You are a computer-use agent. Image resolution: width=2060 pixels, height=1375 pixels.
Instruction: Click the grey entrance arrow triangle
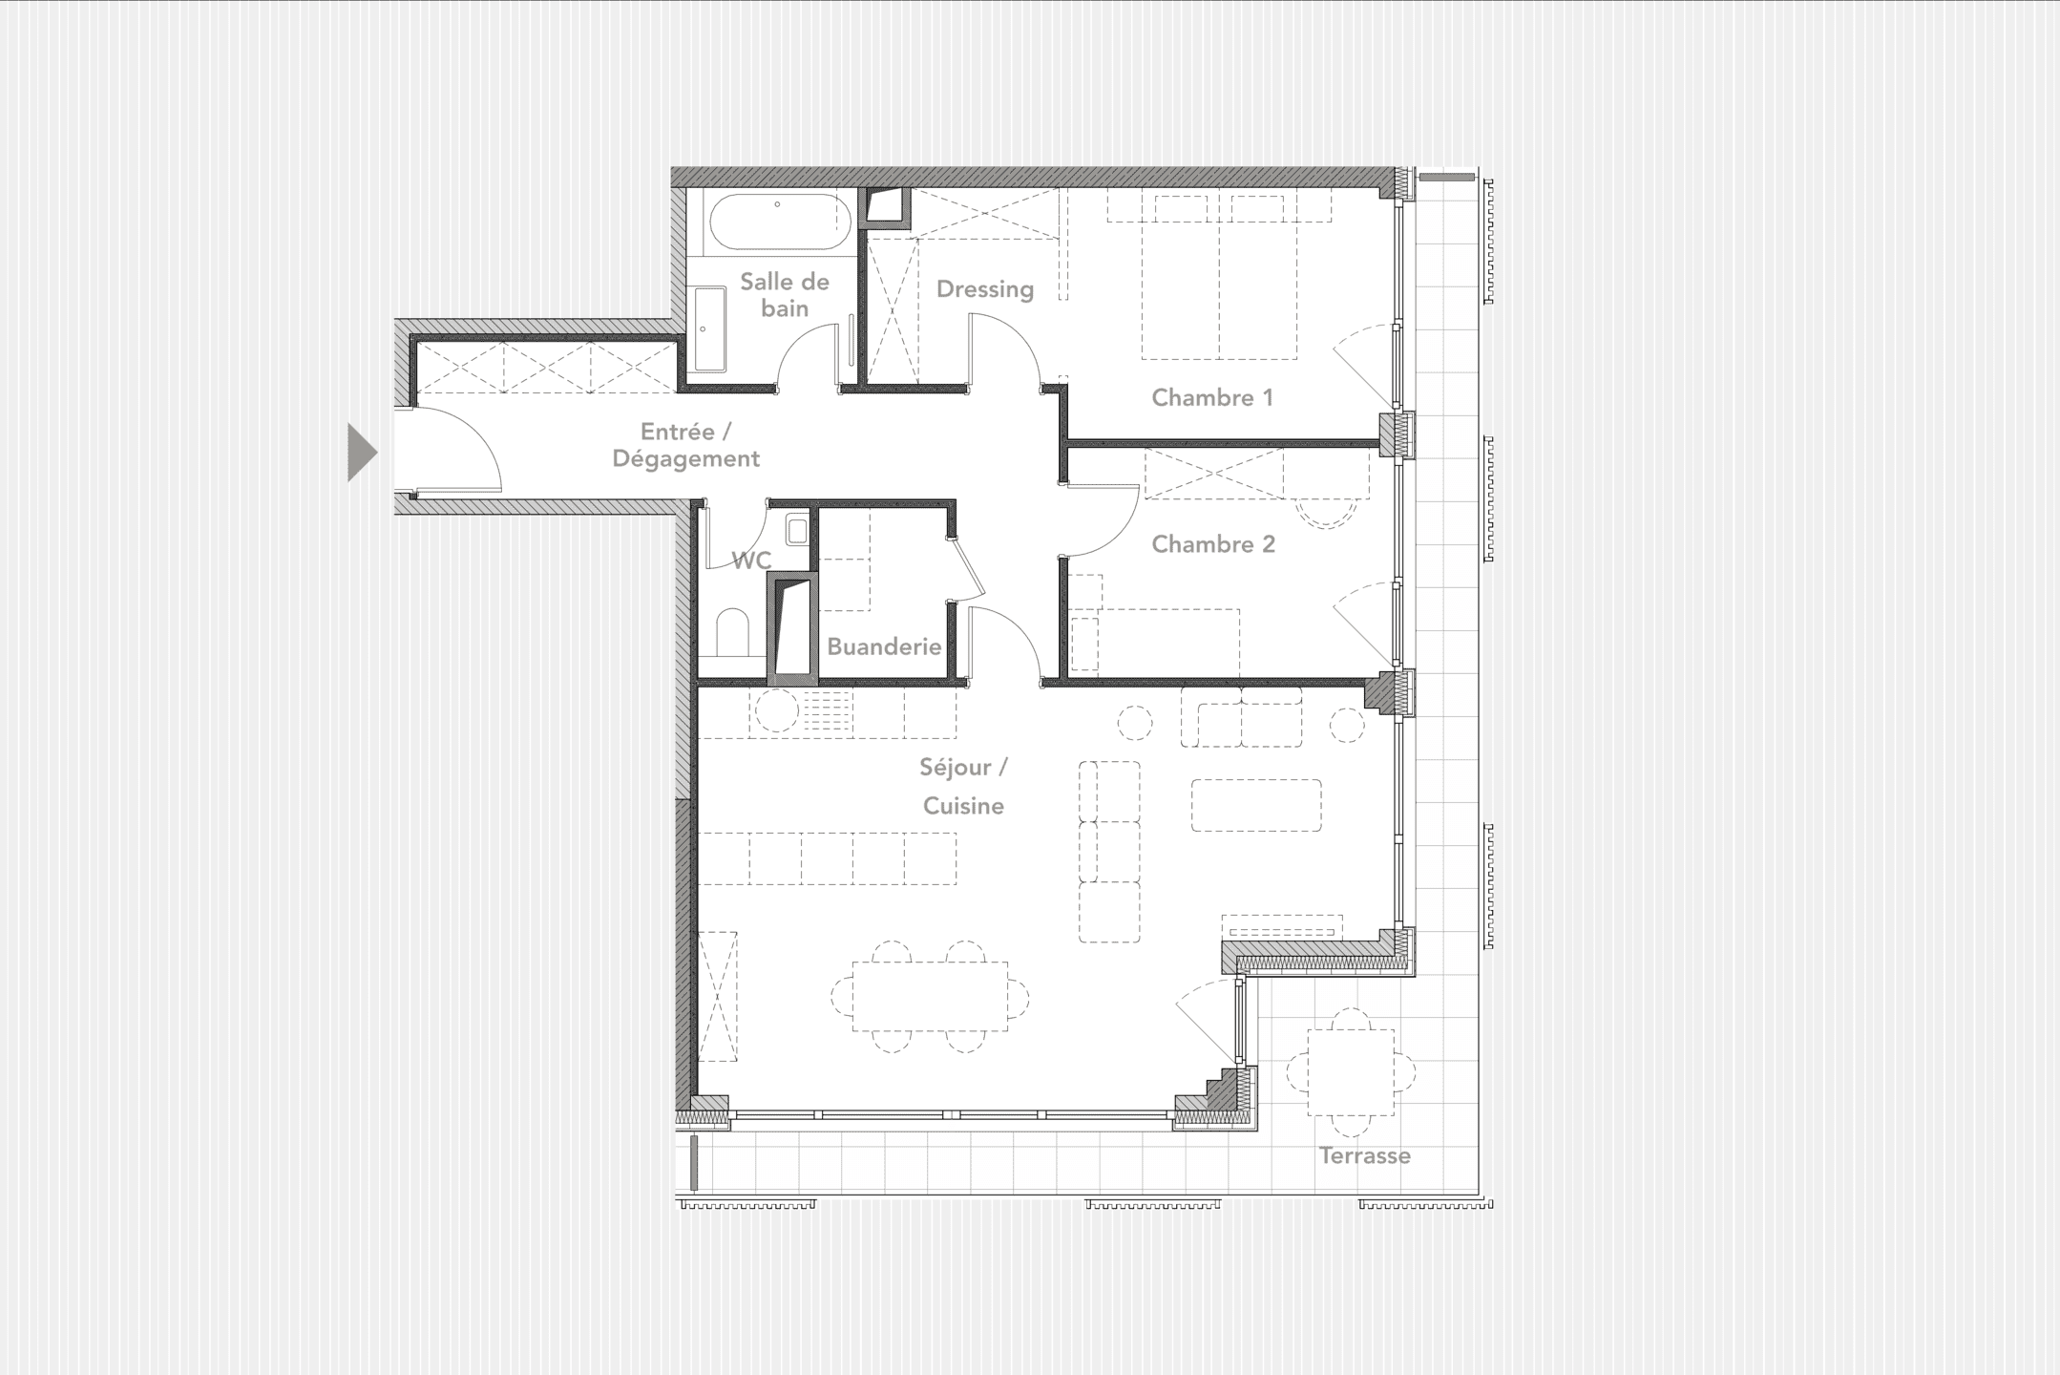click(x=361, y=452)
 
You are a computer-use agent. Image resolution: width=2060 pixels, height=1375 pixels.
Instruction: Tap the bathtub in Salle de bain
click(x=779, y=222)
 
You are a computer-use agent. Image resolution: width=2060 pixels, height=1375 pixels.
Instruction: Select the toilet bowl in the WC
click(x=732, y=631)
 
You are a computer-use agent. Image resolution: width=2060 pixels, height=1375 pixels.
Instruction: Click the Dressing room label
click(x=984, y=289)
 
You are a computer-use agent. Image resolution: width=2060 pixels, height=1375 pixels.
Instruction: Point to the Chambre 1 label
click(x=1211, y=398)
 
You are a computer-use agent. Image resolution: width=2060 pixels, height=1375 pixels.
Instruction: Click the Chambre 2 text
click(x=1212, y=544)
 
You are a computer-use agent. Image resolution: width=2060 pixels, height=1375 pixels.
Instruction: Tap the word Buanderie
click(x=883, y=647)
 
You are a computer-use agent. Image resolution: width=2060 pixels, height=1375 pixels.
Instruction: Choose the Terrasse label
click(x=1364, y=1156)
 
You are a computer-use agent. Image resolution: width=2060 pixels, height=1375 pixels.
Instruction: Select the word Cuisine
click(x=963, y=806)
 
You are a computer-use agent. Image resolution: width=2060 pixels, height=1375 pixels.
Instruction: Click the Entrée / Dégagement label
click(x=685, y=445)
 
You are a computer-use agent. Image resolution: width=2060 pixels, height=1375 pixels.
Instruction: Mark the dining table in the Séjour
click(x=930, y=997)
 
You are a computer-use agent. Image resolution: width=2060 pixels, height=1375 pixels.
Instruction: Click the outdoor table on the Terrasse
click(x=1350, y=1071)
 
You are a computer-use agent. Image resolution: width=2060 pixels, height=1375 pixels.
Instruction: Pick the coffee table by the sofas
click(x=1255, y=805)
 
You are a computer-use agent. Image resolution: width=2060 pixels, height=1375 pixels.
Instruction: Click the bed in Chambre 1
click(x=1219, y=277)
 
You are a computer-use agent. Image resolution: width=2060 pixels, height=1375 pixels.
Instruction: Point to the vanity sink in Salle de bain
click(x=709, y=329)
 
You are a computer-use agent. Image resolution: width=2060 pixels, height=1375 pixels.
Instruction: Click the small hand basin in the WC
click(x=796, y=528)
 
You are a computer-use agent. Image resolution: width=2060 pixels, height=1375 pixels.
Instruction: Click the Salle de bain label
click(x=784, y=294)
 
